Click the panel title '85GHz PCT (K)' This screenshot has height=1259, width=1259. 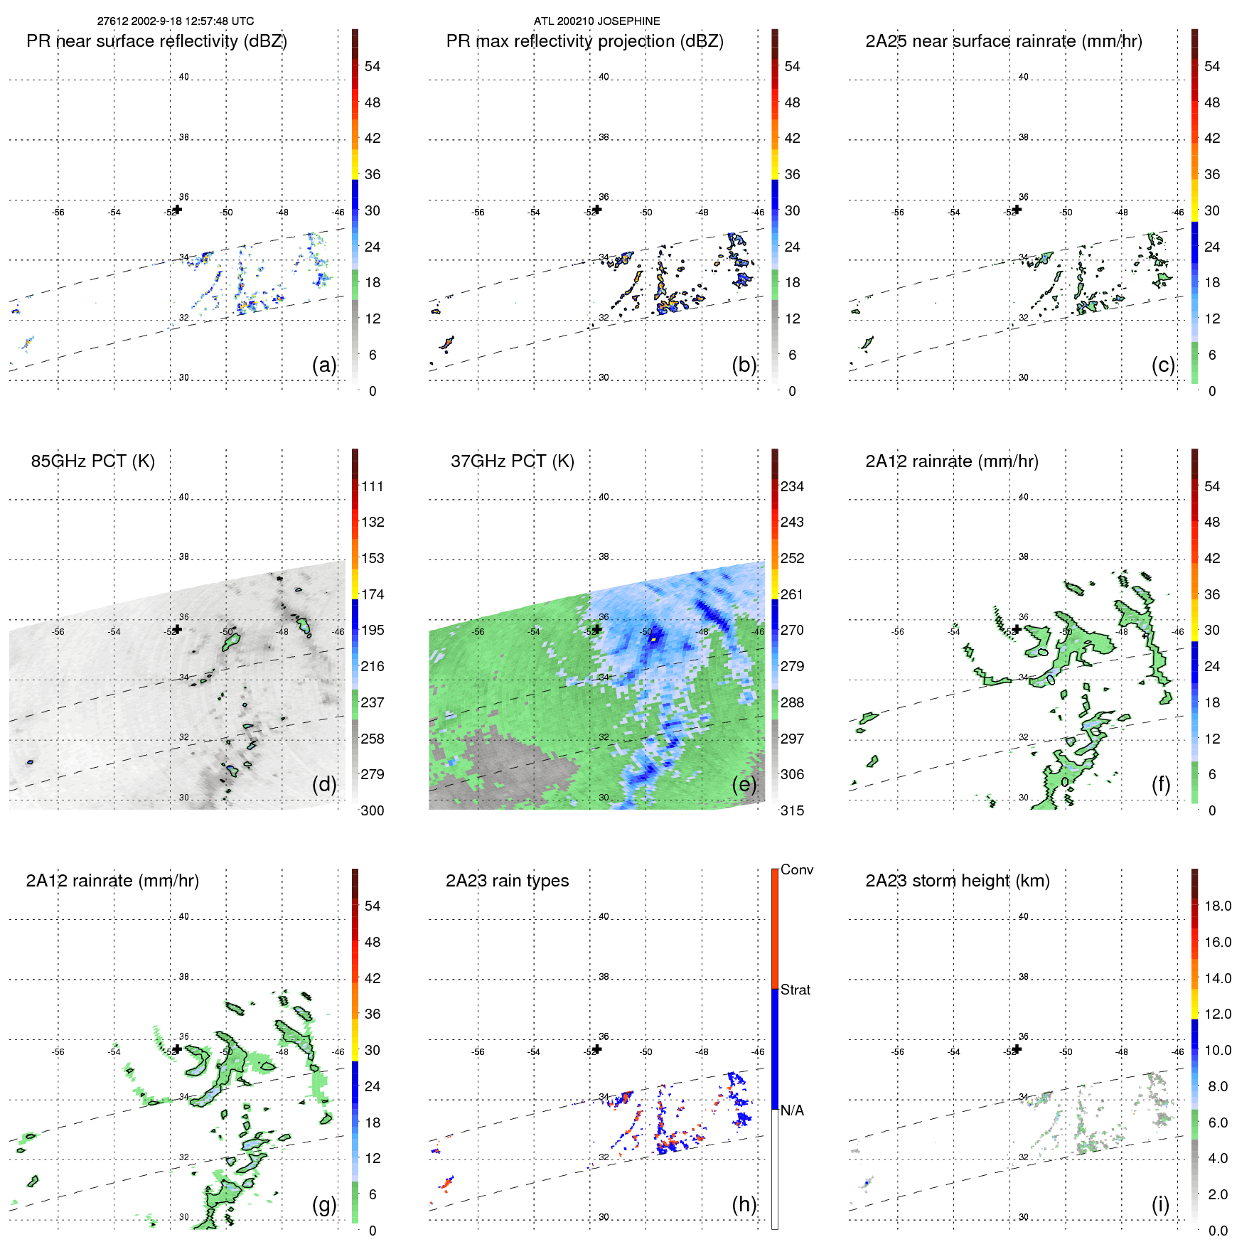click(92, 461)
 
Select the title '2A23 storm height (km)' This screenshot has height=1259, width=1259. click(957, 881)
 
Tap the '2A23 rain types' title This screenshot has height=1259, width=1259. click(507, 881)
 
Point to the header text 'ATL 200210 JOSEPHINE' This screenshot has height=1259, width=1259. click(596, 21)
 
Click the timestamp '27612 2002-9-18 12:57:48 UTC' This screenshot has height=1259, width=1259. click(176, 21)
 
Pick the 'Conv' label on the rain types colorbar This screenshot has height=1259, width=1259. click(796, 869)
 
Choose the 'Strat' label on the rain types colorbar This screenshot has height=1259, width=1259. click(795, 990)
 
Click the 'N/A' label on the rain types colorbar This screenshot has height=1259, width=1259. click(792, 1110)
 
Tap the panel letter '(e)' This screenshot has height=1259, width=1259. click(744, 784)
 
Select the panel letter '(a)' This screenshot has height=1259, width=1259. click(324, 365)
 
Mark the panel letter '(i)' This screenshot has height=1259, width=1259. click(1160, 1204)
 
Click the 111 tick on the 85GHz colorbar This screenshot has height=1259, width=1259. click(373, 486)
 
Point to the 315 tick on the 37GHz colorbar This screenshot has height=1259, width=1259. click(792, 810)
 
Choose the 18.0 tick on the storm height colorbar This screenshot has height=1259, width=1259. click(1217, 906)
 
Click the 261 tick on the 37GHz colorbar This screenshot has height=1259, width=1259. click(792, 594)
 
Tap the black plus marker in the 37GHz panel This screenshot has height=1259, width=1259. click(597, 629)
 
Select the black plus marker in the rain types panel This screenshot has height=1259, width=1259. click(597, 1049)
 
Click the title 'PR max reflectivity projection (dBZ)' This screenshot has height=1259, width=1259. click(584, 41)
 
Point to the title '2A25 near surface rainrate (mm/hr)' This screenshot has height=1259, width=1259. click(1003, 41)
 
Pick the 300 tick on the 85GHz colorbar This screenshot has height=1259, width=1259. click(373, 810)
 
